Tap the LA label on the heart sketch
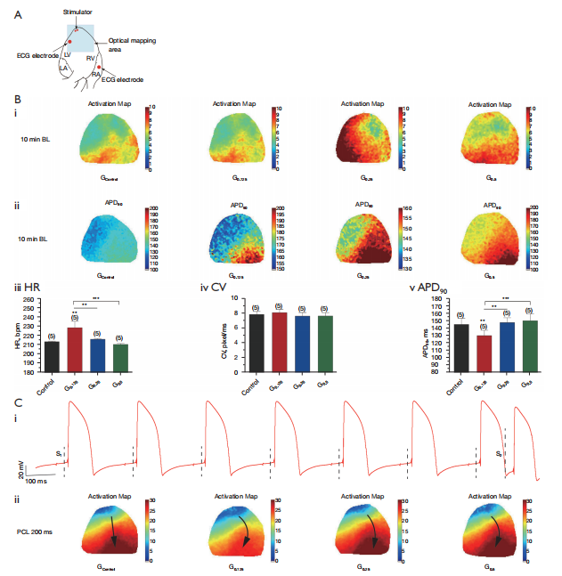63,67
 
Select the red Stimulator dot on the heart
77,29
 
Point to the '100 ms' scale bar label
36,481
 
